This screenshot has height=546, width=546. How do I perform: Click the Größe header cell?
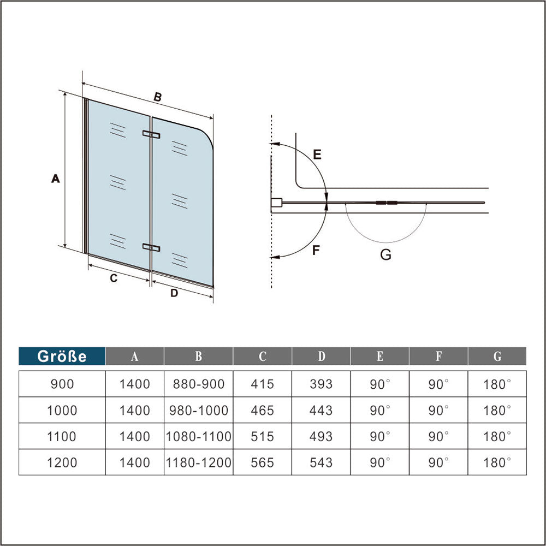pos(62,356)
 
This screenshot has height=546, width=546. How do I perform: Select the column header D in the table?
pos(321,356)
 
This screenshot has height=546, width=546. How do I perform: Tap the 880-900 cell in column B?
pos(199,384)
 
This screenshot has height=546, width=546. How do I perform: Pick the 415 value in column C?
pos(262,384)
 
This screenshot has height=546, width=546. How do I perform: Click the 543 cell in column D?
pos(321,462)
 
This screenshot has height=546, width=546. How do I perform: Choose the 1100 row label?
pos(62,436)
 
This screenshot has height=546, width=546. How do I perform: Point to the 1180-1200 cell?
pos(199,462)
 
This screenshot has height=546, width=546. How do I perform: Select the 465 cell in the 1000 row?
pos(262,410)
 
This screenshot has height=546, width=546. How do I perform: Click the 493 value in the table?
pos(321,436)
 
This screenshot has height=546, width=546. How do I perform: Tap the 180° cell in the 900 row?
pos(497,384)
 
